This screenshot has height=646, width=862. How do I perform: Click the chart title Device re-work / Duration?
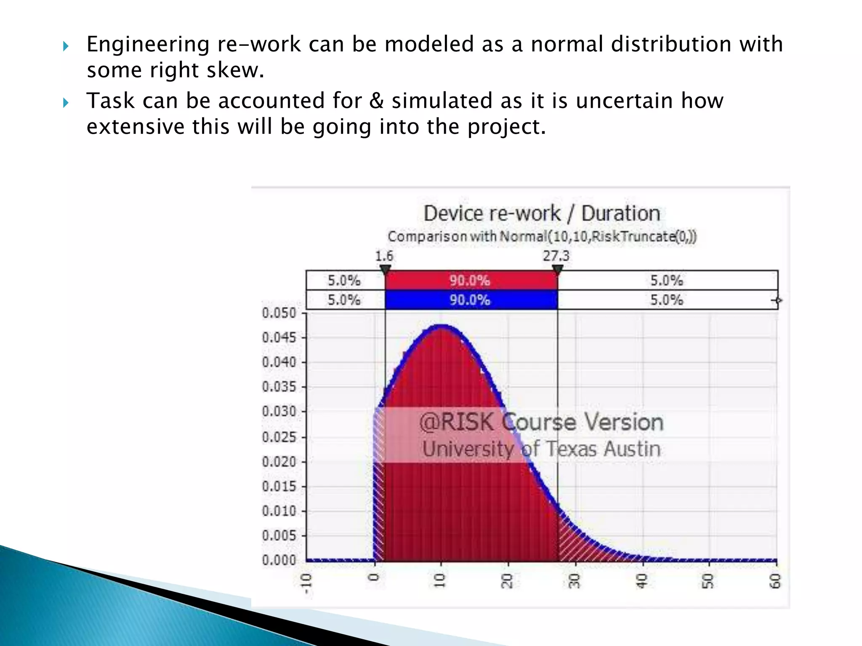click(541, 213)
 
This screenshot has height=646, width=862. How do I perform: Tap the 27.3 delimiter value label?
click(556, 256)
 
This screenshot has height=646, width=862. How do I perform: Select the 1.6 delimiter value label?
click(384, 256)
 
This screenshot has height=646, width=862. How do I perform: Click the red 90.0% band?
click(470, 280)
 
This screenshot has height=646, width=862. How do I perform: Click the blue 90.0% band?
click(470, 300)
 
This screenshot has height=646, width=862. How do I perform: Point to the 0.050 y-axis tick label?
click(279, 313)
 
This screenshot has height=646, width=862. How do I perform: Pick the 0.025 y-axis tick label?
click(279, 437)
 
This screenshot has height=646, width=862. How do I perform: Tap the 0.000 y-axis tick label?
click(279, 560)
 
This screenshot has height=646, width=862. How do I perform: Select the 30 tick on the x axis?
click(575, 581)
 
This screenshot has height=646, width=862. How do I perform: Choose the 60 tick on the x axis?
click(776, 581)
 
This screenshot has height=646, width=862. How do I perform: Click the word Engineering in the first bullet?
click(148, 45)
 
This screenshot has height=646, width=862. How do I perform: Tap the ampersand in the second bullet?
click(376, 101)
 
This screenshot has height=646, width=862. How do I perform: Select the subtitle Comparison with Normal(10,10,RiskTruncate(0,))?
click(542, 236)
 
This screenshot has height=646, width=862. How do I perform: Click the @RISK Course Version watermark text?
click(541, 422)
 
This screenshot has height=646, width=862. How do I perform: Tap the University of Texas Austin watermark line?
click(541, 449)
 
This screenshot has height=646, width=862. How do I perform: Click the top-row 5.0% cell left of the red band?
click(344, 280)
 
